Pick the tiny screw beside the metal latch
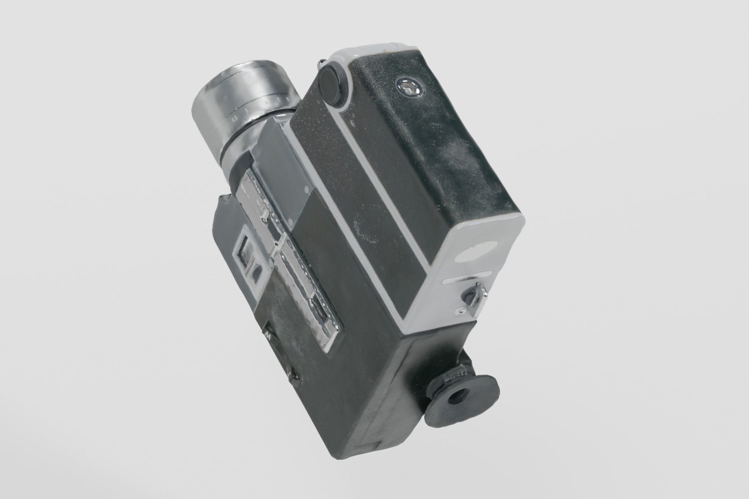[x=459, y=311]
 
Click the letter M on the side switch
[x=268, y=337]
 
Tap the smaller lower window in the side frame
[x=256, y=272]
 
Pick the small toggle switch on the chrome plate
[x=265, y=215]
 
